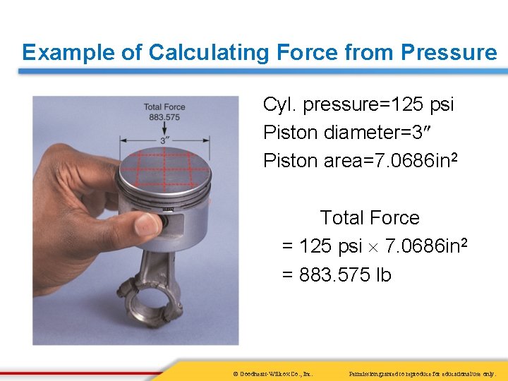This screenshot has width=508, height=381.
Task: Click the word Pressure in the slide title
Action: [449, 52]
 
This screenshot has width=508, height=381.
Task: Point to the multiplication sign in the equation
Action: [374, 248]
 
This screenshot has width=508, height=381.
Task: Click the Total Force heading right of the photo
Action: [370, 217]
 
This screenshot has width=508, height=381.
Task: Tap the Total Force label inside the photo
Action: [164, 107]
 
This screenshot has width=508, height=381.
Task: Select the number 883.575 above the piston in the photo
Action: [164, 116]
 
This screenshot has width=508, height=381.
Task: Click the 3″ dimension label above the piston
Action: [164, 140]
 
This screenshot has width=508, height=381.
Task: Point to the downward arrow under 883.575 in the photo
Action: [164, 128]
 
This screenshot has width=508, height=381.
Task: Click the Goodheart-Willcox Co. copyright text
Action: [272, 373]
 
